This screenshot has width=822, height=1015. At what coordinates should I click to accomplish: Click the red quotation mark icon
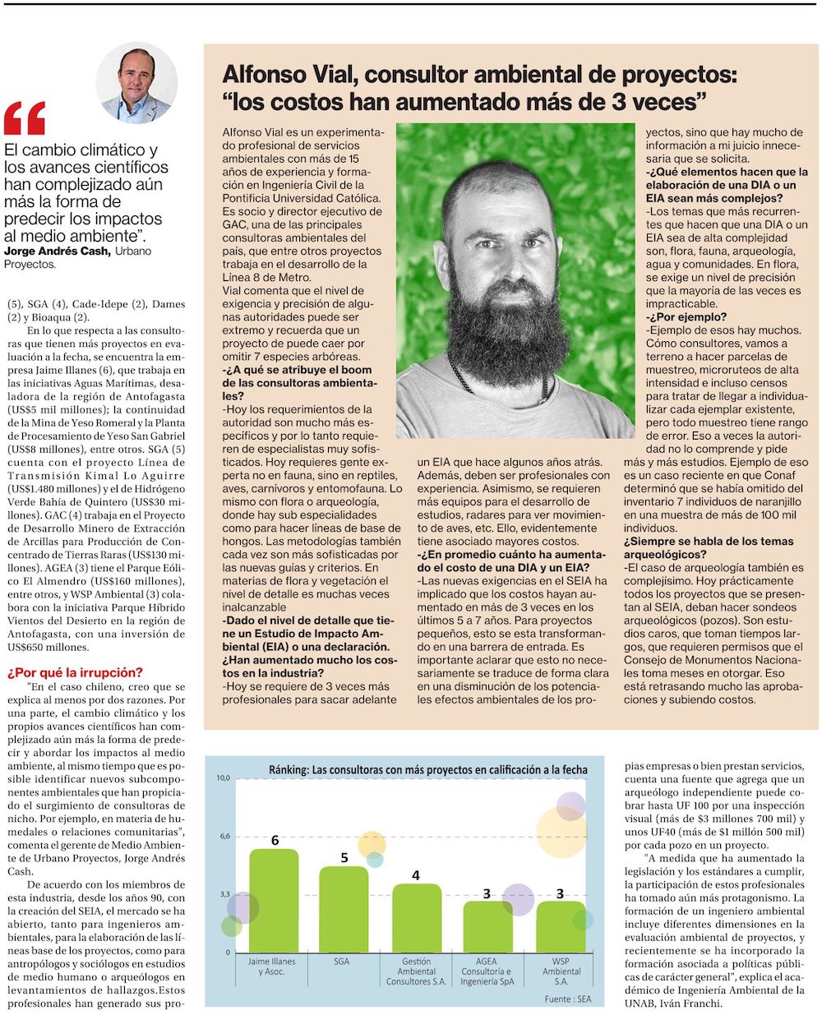pos(25,118)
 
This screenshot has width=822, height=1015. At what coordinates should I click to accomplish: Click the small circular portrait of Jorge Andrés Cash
pos(136,83)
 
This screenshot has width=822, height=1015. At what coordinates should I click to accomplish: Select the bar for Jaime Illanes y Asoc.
pos(274,900)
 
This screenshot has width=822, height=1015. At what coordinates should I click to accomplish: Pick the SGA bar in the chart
pos(344,909)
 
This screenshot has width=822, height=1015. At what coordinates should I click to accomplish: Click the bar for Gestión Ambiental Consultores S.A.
pos(416,918)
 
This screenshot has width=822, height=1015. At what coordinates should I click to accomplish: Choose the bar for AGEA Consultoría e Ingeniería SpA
pos(487,926)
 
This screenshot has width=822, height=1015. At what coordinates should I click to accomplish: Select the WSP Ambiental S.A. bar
pos(561,926)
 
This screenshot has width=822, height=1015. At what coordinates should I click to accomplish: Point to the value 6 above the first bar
pos(275,840)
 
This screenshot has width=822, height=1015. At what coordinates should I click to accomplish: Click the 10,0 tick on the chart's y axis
pos(223,777)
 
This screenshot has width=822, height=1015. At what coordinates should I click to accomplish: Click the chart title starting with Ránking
pos(428,770)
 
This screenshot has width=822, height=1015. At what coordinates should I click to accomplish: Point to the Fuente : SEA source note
pos(567,999)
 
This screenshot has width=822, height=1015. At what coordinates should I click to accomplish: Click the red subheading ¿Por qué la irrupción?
pos(75,672)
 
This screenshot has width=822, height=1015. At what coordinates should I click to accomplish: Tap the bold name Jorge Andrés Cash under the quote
pos(57,251)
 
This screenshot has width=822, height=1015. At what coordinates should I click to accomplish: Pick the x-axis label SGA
pos(341,962)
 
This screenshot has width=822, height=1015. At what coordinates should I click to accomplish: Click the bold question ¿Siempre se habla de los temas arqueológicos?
pos(709,547)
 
